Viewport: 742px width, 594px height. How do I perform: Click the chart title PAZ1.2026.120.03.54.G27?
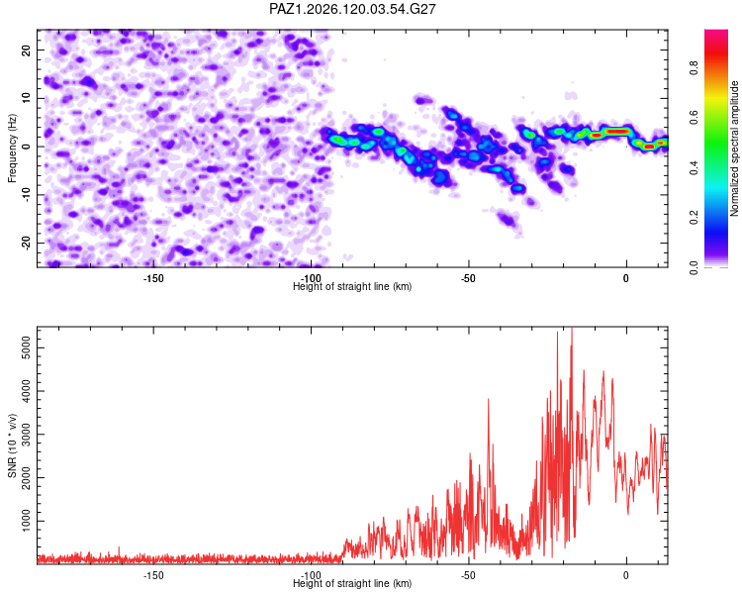352,9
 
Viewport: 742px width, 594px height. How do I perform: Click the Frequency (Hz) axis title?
12,148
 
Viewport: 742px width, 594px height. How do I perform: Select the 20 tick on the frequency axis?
26,49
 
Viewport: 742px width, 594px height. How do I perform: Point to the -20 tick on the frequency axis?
26,243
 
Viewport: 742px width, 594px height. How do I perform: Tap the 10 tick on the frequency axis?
26,98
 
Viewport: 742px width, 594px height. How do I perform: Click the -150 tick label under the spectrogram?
153,278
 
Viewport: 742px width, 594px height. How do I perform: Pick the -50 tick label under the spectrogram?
469,278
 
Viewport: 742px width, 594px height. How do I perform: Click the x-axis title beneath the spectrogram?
352,286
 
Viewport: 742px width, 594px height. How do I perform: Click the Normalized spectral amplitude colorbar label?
734,148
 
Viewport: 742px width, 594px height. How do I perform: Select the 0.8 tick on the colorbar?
695,67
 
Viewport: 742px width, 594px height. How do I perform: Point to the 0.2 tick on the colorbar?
695,217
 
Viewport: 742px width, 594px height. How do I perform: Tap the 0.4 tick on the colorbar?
695,167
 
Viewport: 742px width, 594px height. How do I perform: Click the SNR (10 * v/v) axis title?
12,445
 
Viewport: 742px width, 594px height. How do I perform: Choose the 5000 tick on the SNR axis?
26,347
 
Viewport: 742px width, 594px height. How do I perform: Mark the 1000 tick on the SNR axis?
26,521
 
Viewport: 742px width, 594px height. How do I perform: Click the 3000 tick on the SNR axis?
26,435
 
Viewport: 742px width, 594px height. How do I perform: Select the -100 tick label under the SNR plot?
311,575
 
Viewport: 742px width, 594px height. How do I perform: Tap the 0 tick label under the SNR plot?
626,575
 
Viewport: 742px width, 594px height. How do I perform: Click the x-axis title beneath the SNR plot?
352,583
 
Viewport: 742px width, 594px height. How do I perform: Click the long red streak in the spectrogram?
617,132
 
